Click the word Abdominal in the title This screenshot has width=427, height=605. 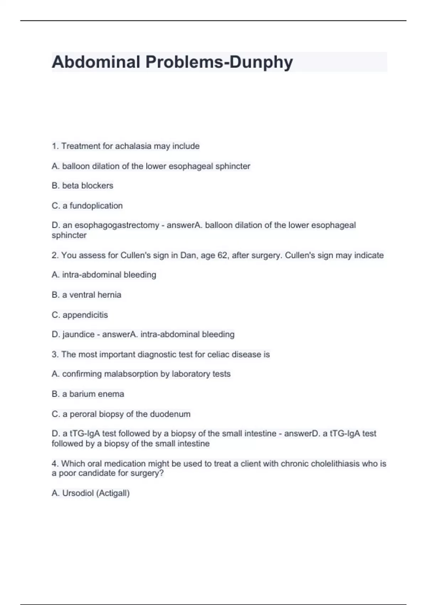[96, 62]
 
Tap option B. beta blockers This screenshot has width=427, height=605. [83, 186]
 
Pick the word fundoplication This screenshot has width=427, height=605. [96, 206]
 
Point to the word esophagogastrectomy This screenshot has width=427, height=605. [117, 225]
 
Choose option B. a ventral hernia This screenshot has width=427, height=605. [86, 295]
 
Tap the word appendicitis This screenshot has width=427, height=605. [85, 315]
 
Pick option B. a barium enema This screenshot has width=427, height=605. [88, 394]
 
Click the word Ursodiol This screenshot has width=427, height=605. [78, 493]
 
